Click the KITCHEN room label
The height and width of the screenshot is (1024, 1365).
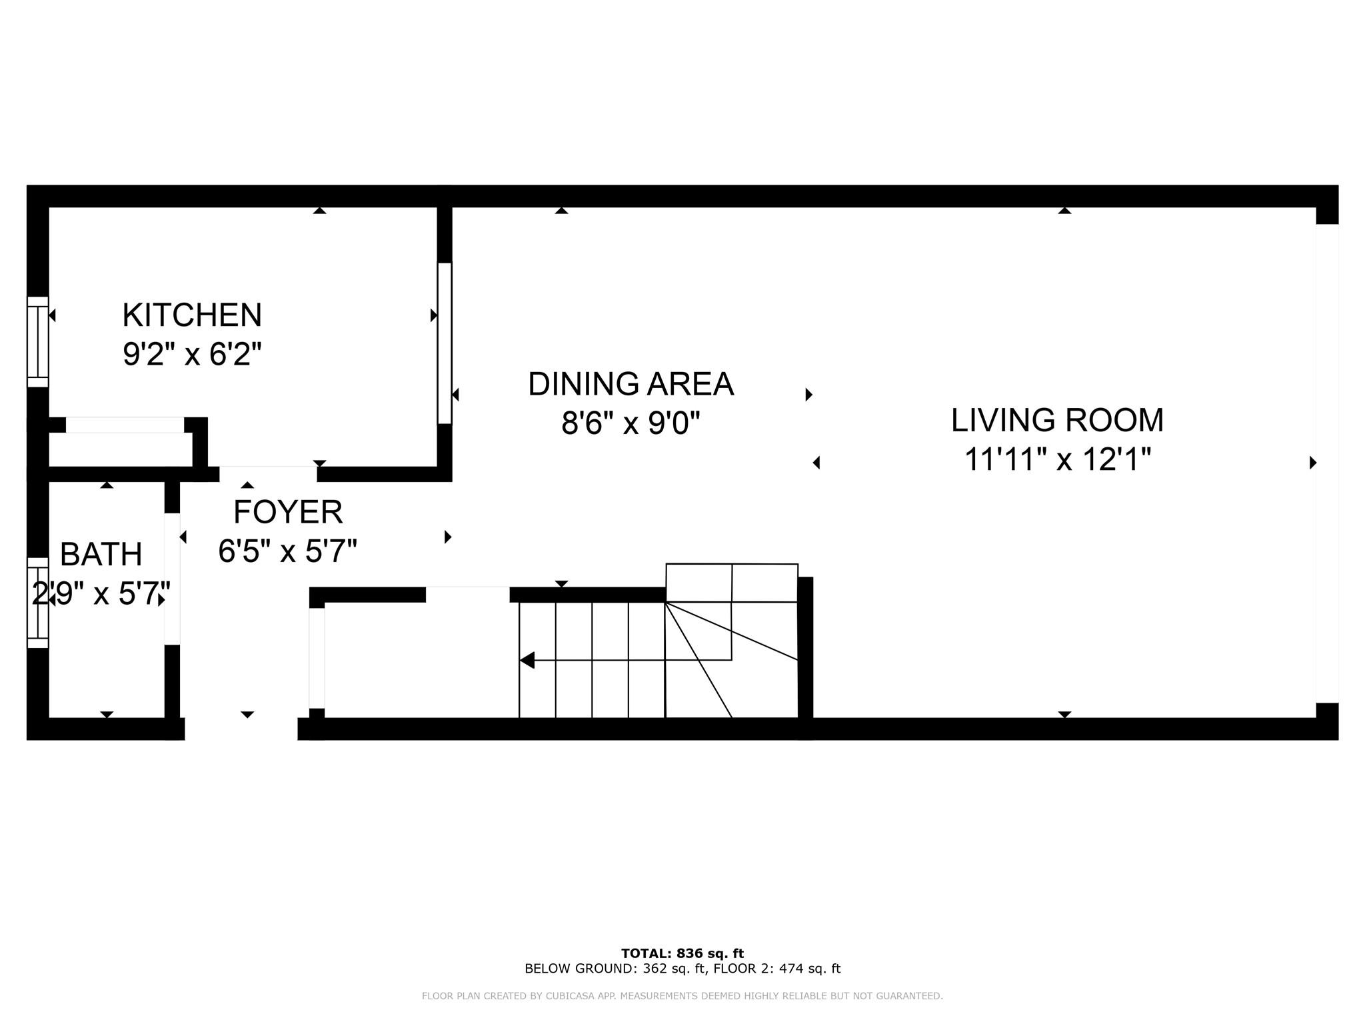[x=192, y=315]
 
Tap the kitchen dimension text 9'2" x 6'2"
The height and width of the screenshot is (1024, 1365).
[x=192, y=353]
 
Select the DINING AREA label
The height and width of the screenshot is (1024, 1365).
[x=631, y=384]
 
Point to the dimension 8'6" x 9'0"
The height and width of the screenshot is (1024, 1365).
[x=631, y=423]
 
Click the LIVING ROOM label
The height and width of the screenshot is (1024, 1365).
[x=1057, y=420]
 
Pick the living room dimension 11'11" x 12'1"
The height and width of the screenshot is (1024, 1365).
[x=1058, y=459]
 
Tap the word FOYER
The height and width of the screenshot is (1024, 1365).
[x=288, y=512]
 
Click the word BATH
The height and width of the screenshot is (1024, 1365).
[x=101, y=554]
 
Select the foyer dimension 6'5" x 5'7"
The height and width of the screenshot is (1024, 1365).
[x=288, y=551]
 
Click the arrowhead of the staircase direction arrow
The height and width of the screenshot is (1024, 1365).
[x=527, y=660]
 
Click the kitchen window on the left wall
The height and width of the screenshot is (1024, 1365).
[x=38, y=341]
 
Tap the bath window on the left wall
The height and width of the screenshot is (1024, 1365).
[x=38, y=603]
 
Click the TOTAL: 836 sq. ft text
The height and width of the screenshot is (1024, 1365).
[x=682, y=953]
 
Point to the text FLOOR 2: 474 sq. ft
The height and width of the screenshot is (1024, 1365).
[x=777, y=969]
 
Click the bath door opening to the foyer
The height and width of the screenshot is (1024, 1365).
[x=172, y=579]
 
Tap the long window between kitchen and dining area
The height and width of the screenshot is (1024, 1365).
[x=445, y=343]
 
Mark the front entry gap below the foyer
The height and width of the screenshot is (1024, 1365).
[x=241, y=729]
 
